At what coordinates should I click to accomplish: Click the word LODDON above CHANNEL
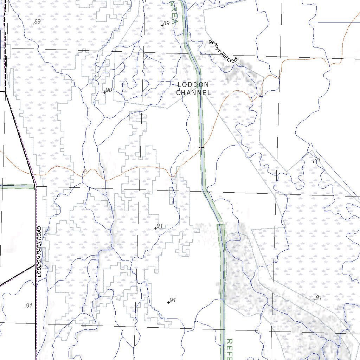193,85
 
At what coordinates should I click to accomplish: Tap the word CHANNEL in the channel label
193,93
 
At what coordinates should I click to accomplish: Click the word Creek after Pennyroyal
233,60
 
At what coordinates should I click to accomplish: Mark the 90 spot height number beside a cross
109,90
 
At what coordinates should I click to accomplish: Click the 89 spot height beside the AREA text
166,23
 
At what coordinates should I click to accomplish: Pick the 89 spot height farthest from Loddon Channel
37,21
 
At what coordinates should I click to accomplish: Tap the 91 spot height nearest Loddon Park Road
29,306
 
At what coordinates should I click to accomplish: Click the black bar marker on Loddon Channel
201,147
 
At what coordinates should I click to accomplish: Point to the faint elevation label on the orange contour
84,172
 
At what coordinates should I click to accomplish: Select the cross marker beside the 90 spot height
104,92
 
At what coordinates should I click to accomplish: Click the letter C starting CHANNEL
179,93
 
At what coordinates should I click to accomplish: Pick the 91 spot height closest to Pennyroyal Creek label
317,159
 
